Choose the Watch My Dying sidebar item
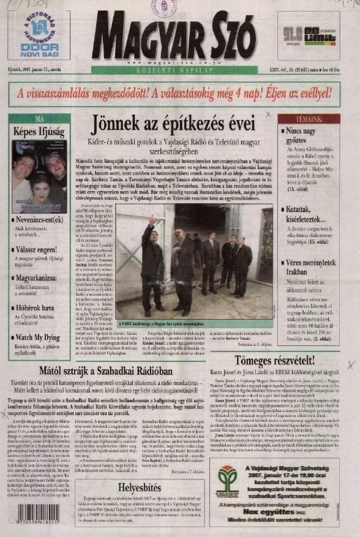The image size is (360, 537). (39, 337)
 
